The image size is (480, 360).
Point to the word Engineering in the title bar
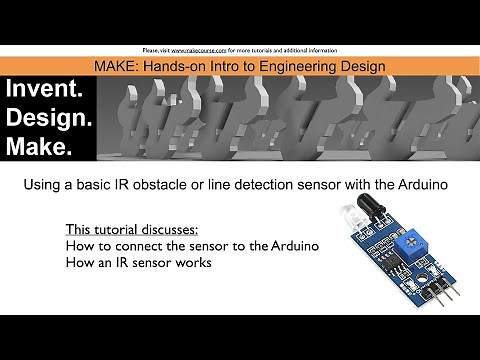272,66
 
